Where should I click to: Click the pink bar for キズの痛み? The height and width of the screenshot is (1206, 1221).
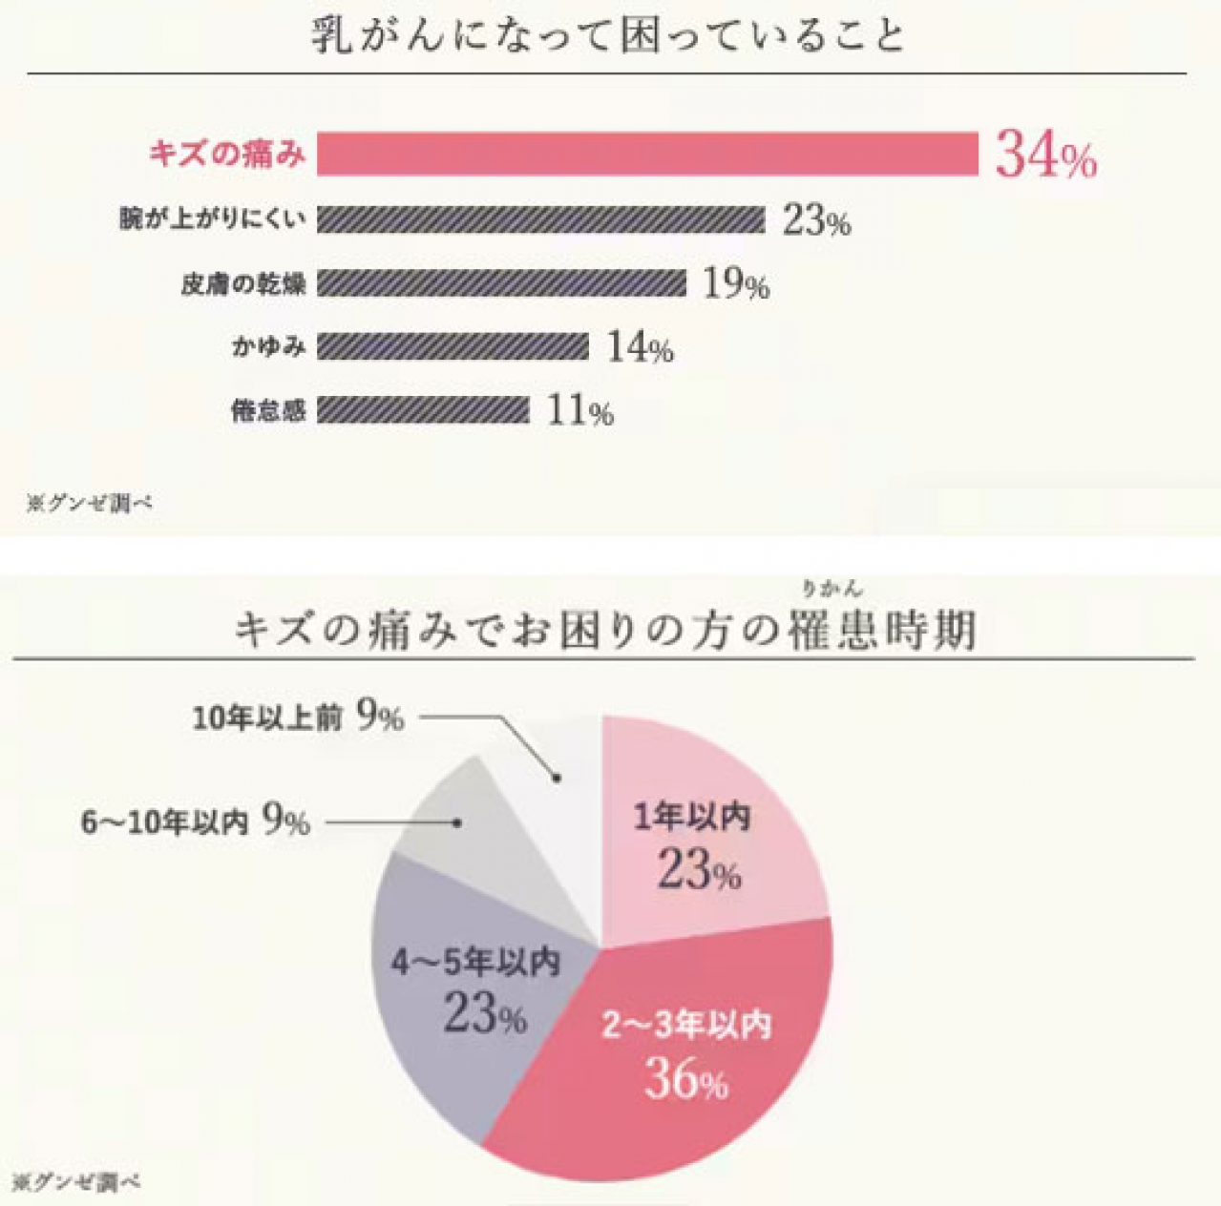[x=647, y=154]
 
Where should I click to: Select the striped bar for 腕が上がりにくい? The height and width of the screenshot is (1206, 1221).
[x=540, y=219]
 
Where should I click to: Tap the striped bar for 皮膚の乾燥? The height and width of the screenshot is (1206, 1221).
[x=501, y=283]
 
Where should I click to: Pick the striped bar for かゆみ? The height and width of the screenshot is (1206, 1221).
[x=453, y=346]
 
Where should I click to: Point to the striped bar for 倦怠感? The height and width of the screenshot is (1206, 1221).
[x=423, y=410]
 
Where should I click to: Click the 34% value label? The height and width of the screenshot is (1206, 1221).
[x=1045, y=156]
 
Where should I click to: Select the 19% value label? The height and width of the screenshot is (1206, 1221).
[x=736, y=283]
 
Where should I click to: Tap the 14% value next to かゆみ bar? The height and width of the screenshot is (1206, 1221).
[x=640, y=347]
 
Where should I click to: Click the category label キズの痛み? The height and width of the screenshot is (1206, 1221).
[x=227, y=154]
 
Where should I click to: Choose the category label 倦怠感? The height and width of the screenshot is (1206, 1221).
[x=268, y=411]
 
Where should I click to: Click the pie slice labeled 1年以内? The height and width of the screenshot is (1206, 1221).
[x=706, y=830]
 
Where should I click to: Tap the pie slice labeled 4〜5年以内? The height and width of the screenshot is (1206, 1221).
[x=458, y=992]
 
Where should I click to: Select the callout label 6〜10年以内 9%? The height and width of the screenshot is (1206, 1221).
[x=196, y=821]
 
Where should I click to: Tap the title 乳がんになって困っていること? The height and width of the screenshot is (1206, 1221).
[x=608, y=36]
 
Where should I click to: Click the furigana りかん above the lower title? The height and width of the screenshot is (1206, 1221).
[x=832, y=588]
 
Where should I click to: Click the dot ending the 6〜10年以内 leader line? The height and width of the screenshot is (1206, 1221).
[x=460, y=821]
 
